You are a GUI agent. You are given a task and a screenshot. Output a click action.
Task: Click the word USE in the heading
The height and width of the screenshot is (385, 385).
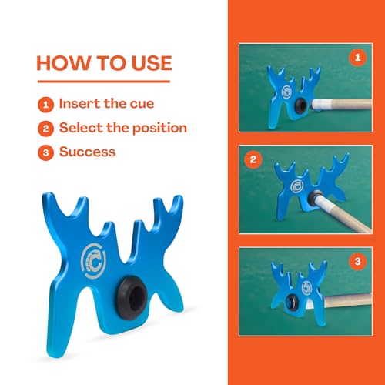point(152,63)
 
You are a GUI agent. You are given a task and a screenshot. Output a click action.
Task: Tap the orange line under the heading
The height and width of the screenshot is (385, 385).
point(104,82)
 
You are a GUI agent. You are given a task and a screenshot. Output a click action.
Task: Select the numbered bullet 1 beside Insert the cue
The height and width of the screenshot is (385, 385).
point(45,105)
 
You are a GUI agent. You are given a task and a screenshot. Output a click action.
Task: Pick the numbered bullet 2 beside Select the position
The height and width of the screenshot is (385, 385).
point(45,129)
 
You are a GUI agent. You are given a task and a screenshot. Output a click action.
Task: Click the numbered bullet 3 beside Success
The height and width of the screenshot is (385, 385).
point(45,152)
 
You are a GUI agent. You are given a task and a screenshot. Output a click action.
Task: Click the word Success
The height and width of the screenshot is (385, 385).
point(87,152)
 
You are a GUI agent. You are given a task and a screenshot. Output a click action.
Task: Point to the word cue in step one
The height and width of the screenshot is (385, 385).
point(142,104)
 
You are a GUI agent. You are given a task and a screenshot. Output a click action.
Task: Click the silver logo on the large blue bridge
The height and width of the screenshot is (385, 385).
point(93,261)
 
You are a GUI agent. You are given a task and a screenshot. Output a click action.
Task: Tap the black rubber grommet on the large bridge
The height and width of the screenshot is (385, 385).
point(132,298)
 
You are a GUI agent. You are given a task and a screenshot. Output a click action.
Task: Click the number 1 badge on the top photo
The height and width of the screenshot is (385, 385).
point(357,58)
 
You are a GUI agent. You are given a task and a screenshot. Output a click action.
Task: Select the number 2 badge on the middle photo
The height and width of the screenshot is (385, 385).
point(253,159)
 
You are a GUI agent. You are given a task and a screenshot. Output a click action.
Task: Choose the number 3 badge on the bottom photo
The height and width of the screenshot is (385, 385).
point(357,262)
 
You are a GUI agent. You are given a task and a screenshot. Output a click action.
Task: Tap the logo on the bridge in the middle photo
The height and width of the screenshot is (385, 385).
point(297,186)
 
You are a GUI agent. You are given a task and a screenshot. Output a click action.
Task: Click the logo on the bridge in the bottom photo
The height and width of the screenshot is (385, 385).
point(306,288)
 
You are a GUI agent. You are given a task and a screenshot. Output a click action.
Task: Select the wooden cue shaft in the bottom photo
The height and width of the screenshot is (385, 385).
point(348,300)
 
